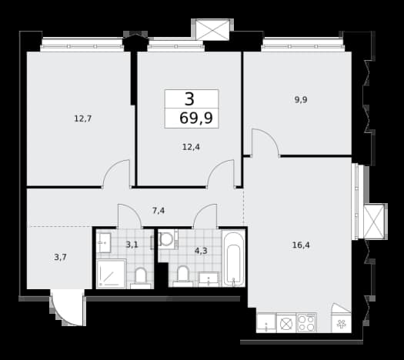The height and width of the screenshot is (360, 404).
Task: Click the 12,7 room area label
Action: coord(83,118)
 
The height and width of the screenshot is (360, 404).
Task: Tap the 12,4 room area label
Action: coord(191,147)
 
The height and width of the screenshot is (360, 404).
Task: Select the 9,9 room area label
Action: coord(301,99)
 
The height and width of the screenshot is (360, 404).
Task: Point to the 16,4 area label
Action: coord(301,245)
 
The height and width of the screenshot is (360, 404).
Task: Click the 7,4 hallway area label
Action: coord(159,211)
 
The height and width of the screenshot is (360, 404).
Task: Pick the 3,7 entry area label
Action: coord(61,257)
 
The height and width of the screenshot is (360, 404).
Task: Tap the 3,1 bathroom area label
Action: coord(132,244)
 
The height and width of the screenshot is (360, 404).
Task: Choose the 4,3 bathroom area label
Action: coord(201,251)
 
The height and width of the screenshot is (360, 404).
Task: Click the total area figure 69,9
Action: coord(196,118)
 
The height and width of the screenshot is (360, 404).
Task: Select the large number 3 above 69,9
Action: coord(189,99)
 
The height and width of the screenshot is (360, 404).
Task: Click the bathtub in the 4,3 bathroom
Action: coord(234,258)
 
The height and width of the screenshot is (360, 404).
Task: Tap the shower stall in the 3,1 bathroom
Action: coord(112,274)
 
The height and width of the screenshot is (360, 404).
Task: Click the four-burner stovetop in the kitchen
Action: coord(306,322)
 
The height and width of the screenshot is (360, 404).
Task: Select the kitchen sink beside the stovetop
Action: coord(266,323)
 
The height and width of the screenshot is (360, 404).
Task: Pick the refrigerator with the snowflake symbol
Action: coord(342,318)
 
